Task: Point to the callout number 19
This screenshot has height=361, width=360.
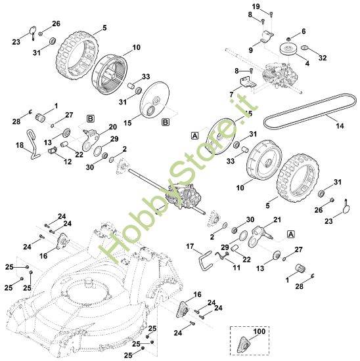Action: click(x=256, y=7)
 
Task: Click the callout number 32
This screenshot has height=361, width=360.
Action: click(x=323, y=58)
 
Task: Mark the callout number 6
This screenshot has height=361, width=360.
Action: click(x=304, y=31)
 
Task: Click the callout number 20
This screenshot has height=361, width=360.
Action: click(x=112, y=126)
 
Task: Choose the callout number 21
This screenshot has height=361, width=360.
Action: click(x=277, y=219)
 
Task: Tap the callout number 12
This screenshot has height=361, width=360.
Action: click(x=67, y=161)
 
